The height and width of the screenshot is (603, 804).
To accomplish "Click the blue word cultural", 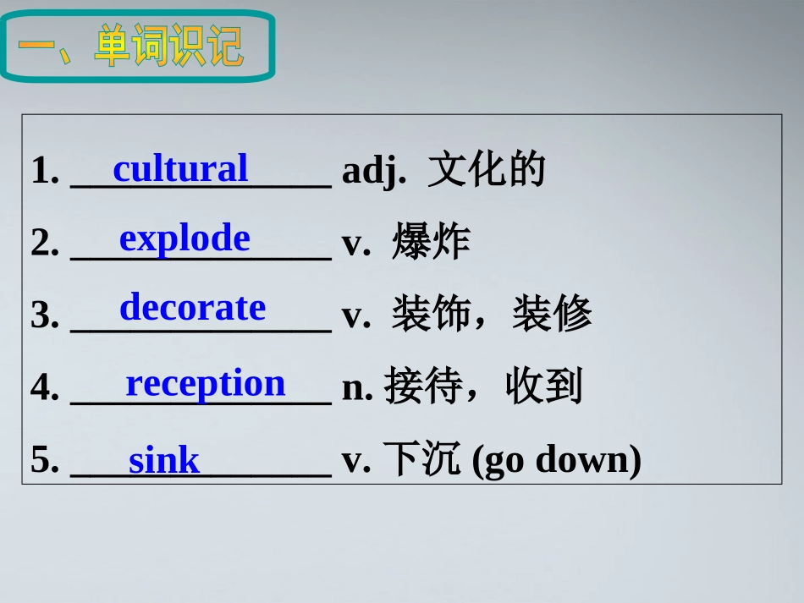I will click(180, 168).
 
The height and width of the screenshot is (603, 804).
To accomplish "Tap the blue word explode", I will click(184, 239).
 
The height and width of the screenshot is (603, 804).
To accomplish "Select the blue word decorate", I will click(192, 308).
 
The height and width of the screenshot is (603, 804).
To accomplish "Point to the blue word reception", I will click(206, 384).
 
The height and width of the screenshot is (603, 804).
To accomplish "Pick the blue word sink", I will click(164, 461).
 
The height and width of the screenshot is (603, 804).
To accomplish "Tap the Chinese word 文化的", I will click(487, 171).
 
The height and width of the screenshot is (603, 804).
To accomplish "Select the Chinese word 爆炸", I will click(431, 244).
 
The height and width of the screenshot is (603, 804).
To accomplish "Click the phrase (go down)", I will click(555, 461).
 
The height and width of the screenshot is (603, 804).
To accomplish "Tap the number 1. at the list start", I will click(45, 172).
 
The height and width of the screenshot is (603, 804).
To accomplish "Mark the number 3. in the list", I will click(45, 316).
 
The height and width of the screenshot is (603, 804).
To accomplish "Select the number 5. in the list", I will click(45, 461).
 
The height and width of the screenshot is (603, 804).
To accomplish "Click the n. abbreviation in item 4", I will click(357, 387).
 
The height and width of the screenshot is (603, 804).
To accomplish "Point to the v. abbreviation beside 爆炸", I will click(355, 244).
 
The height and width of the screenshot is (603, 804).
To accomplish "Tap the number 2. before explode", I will click(45, 244).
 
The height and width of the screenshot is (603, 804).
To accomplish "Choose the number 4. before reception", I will click(45, 388).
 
